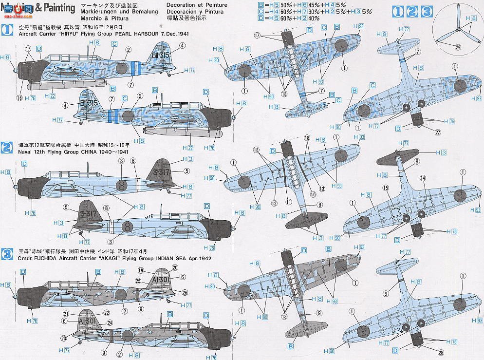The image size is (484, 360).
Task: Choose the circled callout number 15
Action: pos(386,188)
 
